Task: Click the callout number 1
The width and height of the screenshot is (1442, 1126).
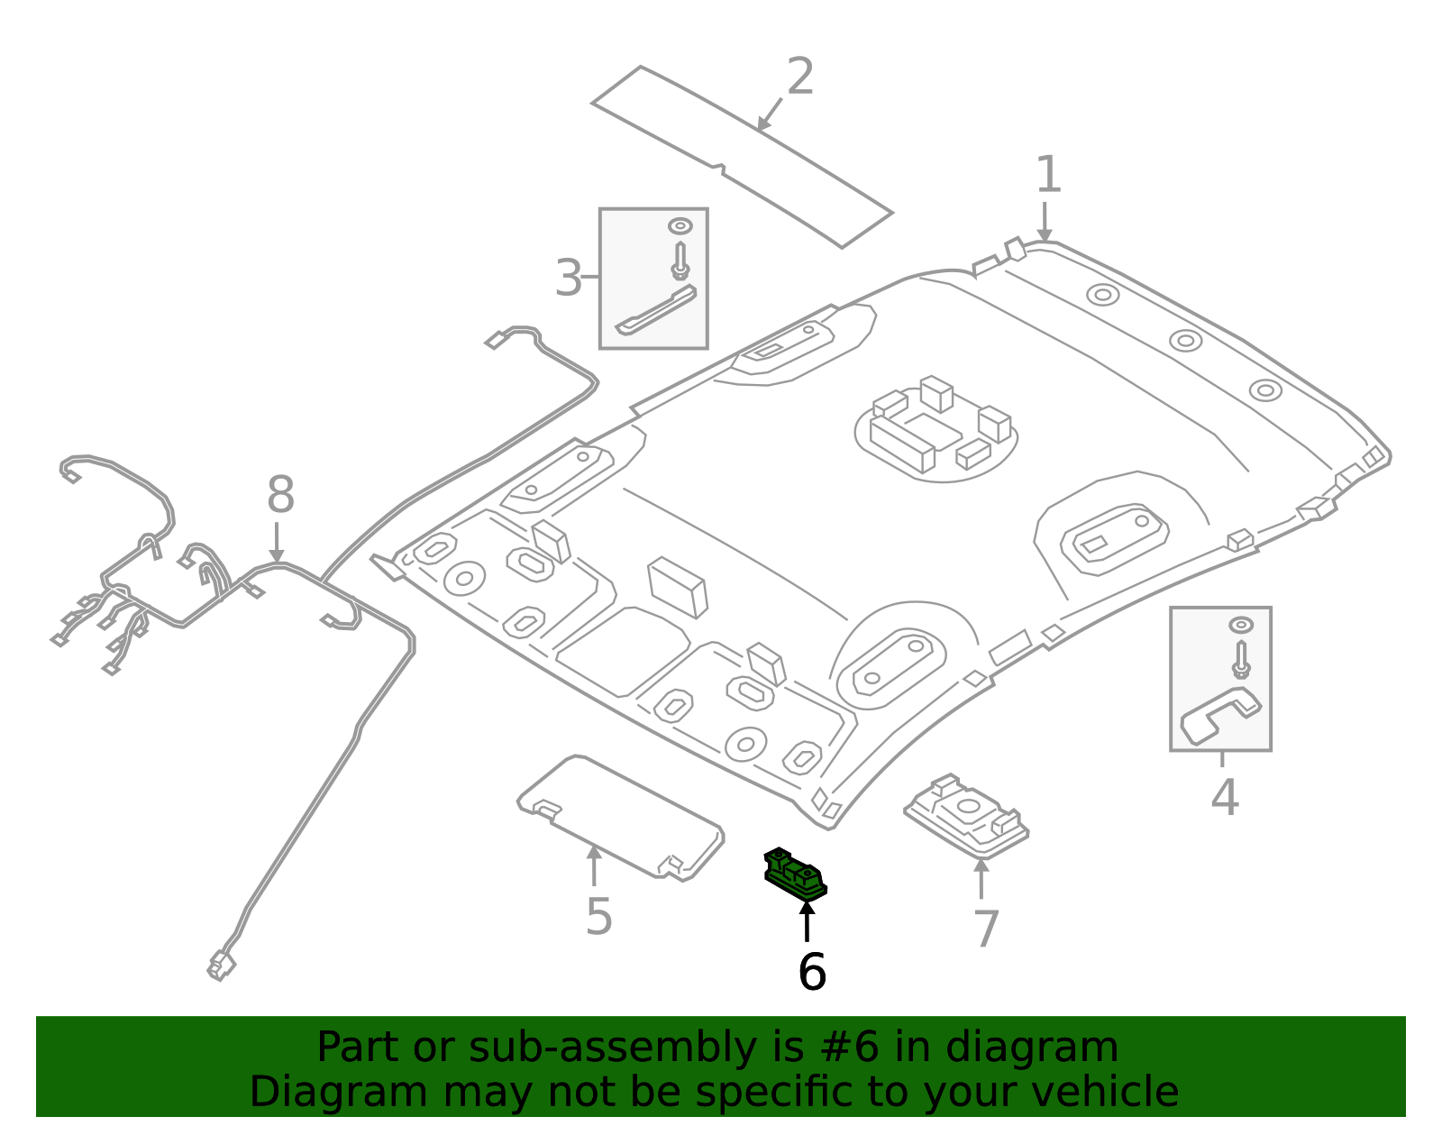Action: (x=1047, y=175)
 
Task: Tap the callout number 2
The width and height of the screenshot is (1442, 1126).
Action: (x=799, y=77)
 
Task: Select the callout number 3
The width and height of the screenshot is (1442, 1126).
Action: (x=569, y=278)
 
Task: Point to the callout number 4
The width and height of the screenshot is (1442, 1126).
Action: (x=1224, y=798)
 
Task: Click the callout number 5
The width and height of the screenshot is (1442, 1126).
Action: (x=598, y=917)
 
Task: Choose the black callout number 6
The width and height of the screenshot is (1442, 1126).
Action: (x=812, y=972)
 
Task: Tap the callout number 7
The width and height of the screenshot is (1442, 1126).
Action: (x=987, y=929)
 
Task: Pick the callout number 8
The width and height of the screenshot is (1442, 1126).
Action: (x=280, y=496)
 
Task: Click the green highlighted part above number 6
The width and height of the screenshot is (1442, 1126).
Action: (x=795, y=874)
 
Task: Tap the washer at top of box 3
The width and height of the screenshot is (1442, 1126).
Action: (x=680, y=225)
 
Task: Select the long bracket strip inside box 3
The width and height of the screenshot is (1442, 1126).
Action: (x=656, y=310)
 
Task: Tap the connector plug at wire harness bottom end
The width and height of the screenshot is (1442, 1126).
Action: (x=221, y=966)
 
